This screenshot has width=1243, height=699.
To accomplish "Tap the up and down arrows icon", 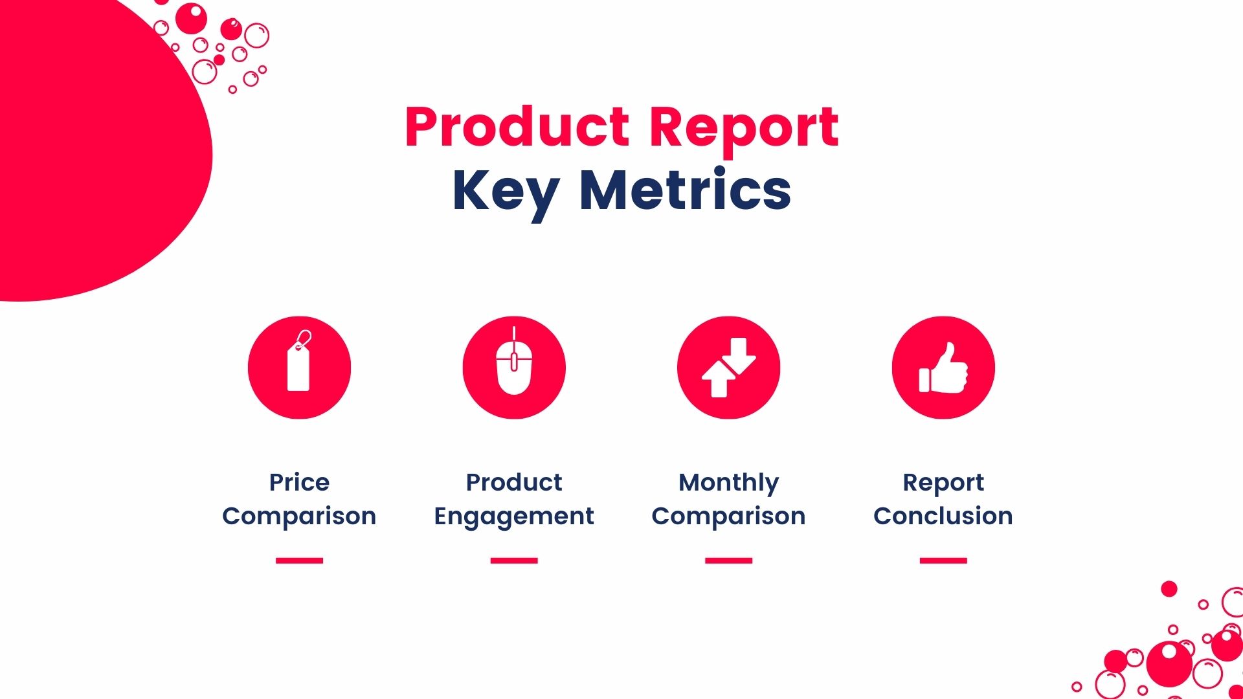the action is click(x=728, y=368).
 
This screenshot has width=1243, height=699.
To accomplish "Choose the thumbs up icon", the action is click(x=943, y=368).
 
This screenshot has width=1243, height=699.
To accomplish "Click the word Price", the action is click(x=299, y=482).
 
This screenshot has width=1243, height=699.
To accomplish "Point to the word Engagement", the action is click(x=514, y=517).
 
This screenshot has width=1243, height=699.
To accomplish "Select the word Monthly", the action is click(x=728, y=483).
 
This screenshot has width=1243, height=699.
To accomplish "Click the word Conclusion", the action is click(x=943, y=516).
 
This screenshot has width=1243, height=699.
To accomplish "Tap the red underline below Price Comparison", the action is click(x=299, y=560).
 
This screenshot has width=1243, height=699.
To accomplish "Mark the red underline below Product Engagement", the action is click(x=514, y=560).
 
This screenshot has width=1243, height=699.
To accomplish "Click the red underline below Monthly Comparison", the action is click(x=728, y=560).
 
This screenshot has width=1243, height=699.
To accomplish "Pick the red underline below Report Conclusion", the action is click(x=943, y=560).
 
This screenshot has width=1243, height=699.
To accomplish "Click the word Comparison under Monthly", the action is click(x=728, y=517).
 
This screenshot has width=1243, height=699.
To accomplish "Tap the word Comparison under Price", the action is click(x=299, y=517).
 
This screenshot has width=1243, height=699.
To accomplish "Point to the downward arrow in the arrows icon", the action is click(x=739, y=355).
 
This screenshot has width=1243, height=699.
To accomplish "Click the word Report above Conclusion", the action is click(x=943, y=483).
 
